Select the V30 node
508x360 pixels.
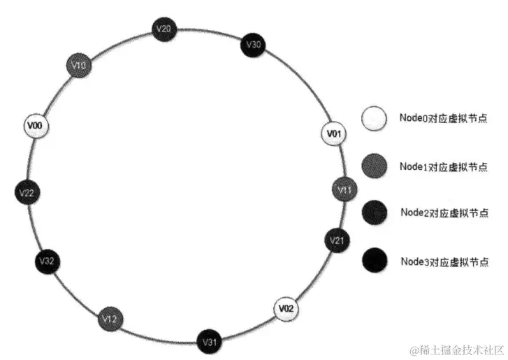[253, 45]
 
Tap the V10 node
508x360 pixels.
[79, 66]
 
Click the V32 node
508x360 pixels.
[48, 261]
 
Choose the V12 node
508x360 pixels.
[110, 319]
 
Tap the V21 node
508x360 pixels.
[337, 240]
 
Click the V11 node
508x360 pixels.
[344, 189]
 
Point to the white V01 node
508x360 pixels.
[334, 134]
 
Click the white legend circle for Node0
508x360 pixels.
[374, 118]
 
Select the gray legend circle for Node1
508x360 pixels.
[374, 166]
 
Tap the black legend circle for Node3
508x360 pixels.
[374, 261]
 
